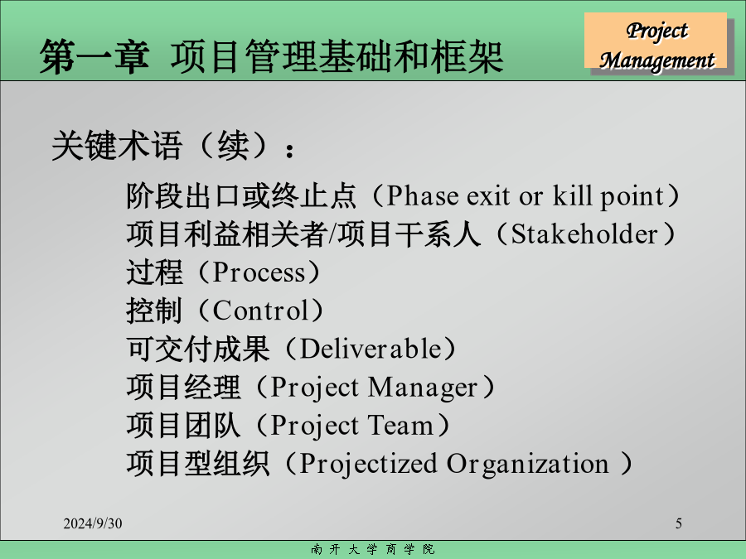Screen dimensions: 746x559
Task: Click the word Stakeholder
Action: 584,234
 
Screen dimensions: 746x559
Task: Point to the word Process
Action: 259,272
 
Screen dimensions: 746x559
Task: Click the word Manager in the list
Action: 423,388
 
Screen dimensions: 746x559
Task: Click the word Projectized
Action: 368,465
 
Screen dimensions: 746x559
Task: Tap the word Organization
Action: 527,465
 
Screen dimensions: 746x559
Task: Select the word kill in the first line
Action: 572,195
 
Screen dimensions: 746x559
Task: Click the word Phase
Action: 423,195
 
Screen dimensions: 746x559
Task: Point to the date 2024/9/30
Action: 93,523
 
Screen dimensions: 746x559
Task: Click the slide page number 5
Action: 678,523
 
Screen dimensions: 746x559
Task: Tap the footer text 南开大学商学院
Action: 372,550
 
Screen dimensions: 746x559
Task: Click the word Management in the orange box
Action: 656,60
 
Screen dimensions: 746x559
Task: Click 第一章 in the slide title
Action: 94,57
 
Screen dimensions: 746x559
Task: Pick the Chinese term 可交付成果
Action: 198,349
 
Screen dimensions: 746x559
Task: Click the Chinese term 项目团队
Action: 184,425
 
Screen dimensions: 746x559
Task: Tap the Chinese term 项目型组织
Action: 198,464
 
